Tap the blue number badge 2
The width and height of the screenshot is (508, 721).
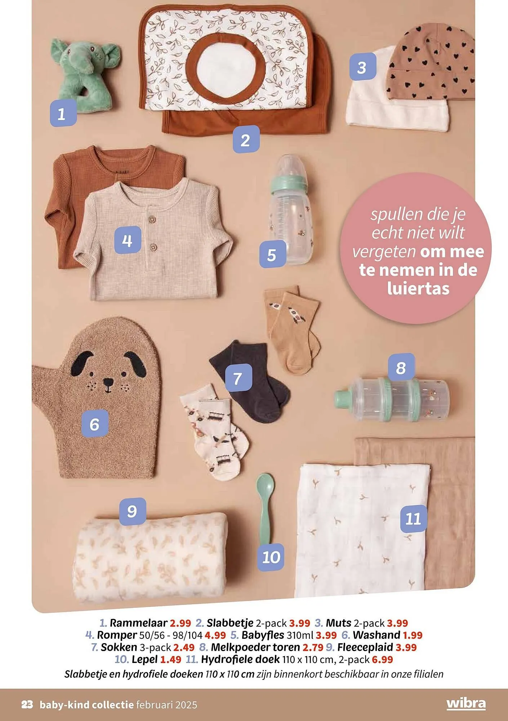[x=246, y=139]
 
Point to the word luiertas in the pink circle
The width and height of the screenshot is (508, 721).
[x=419, y=288]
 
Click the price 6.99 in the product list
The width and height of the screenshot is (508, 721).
[x=382, y=660]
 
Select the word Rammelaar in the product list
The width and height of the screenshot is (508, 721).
[x=139, y=623]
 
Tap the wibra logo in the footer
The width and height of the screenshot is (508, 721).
[x=466, y=704]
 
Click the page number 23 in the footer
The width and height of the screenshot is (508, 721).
[x=28, y=705]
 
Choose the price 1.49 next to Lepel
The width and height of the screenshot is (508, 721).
[x=171, y=660]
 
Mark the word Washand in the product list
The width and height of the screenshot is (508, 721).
[x=377, y=635]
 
